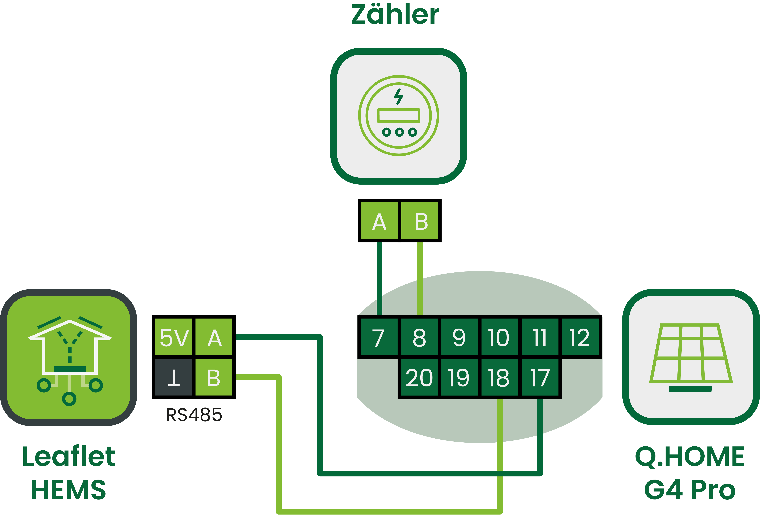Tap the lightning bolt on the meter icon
[x=398, y=96]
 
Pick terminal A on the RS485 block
[x=214, y=337]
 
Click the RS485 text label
[x=194, y=415]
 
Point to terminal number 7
[x=379, y=337]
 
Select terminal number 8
[x=419, y=337]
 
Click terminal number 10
[x=499, y=337]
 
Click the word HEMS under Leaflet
[x=69, y=489]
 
